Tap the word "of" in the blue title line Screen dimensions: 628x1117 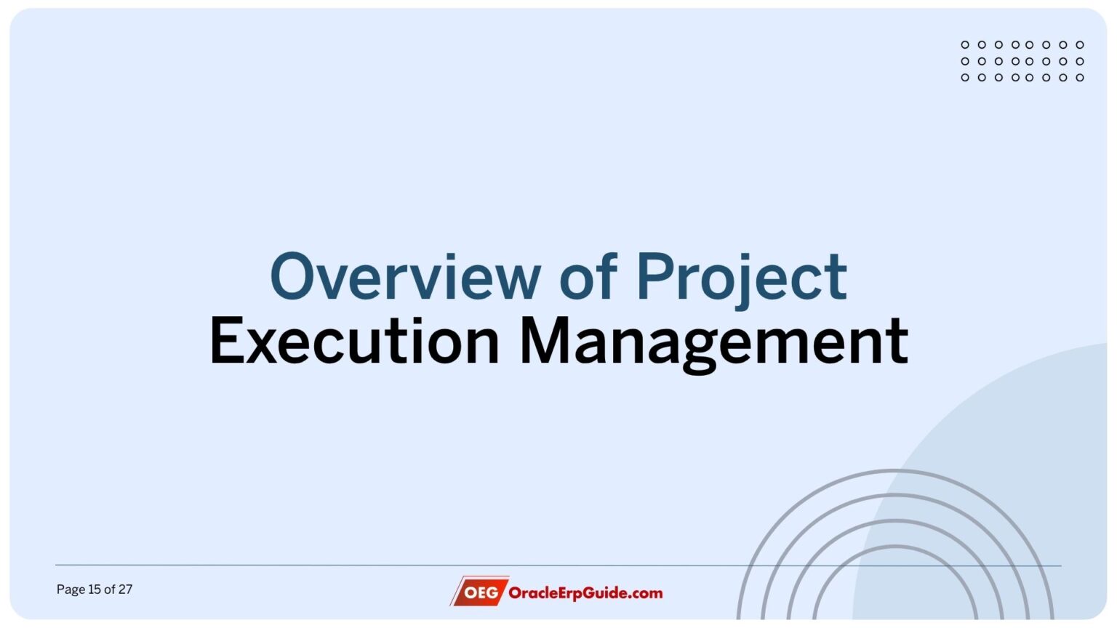click(x=588, y=277)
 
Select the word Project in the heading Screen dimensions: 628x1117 click(x=742, y=277)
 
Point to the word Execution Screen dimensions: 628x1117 click(x=354, y=341)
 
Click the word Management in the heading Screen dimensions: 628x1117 click(x=713, y=341)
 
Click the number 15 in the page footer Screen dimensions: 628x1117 click(x=95, y=589)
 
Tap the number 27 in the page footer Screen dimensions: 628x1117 click(x=125, y=589)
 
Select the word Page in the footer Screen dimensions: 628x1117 click(x=71, y=589)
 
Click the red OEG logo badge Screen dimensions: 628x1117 click(x=481, y=592)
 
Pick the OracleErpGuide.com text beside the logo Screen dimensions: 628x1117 click(x=585, y=592)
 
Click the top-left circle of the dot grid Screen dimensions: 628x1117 click(x=965, y=45)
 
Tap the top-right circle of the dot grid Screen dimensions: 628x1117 click(x=1080, y=45)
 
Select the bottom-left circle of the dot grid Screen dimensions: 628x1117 click(x=965, y=77)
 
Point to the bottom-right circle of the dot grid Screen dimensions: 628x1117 click(x=1080, y=77)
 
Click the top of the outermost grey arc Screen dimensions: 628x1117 click(x=894, y=471)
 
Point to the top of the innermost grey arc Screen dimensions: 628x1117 click(x=894, y=547)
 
